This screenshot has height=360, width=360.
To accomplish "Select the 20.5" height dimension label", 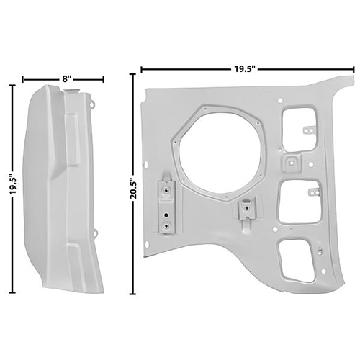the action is pos(133,188).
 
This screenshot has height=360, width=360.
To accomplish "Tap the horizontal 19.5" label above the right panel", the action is pos(244,69).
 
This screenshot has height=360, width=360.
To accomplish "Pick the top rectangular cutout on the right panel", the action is pos(299,130).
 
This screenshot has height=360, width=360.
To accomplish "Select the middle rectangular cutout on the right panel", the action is pos(300,202).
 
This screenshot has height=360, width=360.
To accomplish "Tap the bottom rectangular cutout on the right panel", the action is pos(297,261).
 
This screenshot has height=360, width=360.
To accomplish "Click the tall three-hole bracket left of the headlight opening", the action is pos(167,207).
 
